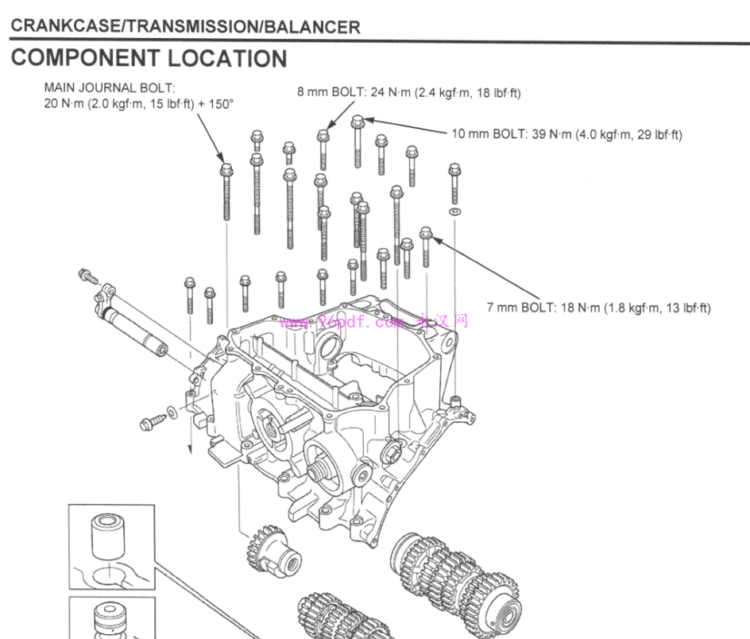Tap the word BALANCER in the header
[x=311, y=26]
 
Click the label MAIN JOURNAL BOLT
[x=110, y=87]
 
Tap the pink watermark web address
[x=373, y=322]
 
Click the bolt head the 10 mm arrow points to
[x=358, y=122]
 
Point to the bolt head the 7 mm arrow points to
[x=425, y=234]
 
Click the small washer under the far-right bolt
[x=454, y=213]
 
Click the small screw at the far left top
[x=86, y=276]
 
